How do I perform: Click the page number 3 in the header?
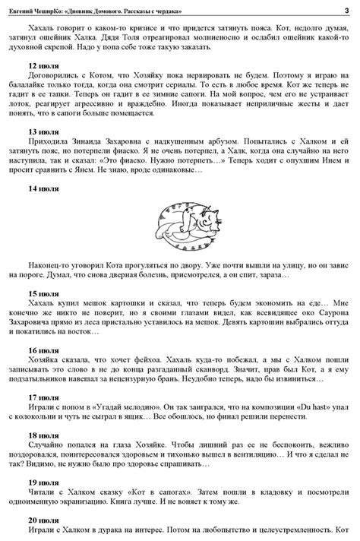(x=346, y=8)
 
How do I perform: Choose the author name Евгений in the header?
(x=24, y=8)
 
